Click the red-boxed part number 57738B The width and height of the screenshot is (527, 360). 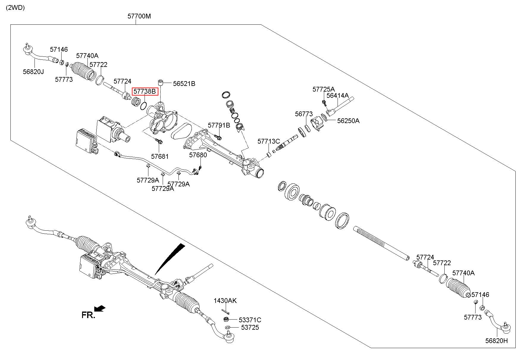click(x=145, y=91)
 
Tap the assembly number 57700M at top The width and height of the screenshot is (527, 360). click(x=139, y=16)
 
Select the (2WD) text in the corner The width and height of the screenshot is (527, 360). click(x=15, y=8)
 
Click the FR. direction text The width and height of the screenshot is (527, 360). click(x=88, y=315)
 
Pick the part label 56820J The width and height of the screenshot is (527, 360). click(x=33, y=72)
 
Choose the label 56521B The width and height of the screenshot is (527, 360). click(x=184, y=84)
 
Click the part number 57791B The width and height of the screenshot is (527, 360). click(x=219, y=125)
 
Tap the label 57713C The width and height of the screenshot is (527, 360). click(x=269, y=141)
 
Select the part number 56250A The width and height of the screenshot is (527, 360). click(x=348, y=121)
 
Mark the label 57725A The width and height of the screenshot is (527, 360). click(x=324, y=89)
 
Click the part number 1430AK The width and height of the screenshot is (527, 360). click(x=225, y=301)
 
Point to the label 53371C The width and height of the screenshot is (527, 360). click(x=250, y=320)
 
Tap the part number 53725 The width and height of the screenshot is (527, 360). click(x=250, y=327)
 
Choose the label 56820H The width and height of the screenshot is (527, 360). click(x=497, y=341)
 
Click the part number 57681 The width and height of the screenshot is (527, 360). click(x=160, y=156)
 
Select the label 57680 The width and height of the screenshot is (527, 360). click(x=198, y=155)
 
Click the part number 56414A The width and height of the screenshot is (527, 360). click(x=338, y=95)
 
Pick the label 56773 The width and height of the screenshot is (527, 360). click(x=304, y=114)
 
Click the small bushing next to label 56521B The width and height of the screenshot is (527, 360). click(x=161, y=82)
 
